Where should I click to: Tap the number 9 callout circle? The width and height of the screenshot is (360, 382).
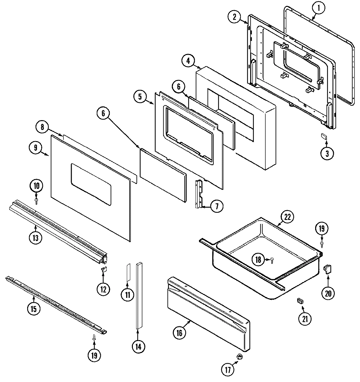tap(35, 148)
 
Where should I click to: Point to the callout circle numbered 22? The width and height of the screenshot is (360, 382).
tap(288, 217)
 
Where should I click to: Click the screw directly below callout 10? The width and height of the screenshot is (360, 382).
tap(36, 199)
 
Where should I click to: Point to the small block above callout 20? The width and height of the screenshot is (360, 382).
tap(327, 269)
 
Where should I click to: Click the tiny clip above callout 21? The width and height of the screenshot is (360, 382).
tap(299, 300)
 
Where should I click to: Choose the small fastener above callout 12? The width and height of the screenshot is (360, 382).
tap(103, 269)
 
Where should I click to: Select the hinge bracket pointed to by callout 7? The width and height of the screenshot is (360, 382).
tap(199, 193)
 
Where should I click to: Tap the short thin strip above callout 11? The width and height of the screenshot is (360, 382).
tap(128, 271)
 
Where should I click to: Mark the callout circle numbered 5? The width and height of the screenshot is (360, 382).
tap(140, 97)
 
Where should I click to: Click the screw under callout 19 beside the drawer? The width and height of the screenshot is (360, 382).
tap(322, 244)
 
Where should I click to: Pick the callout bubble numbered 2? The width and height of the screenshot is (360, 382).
tap(234, 17)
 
